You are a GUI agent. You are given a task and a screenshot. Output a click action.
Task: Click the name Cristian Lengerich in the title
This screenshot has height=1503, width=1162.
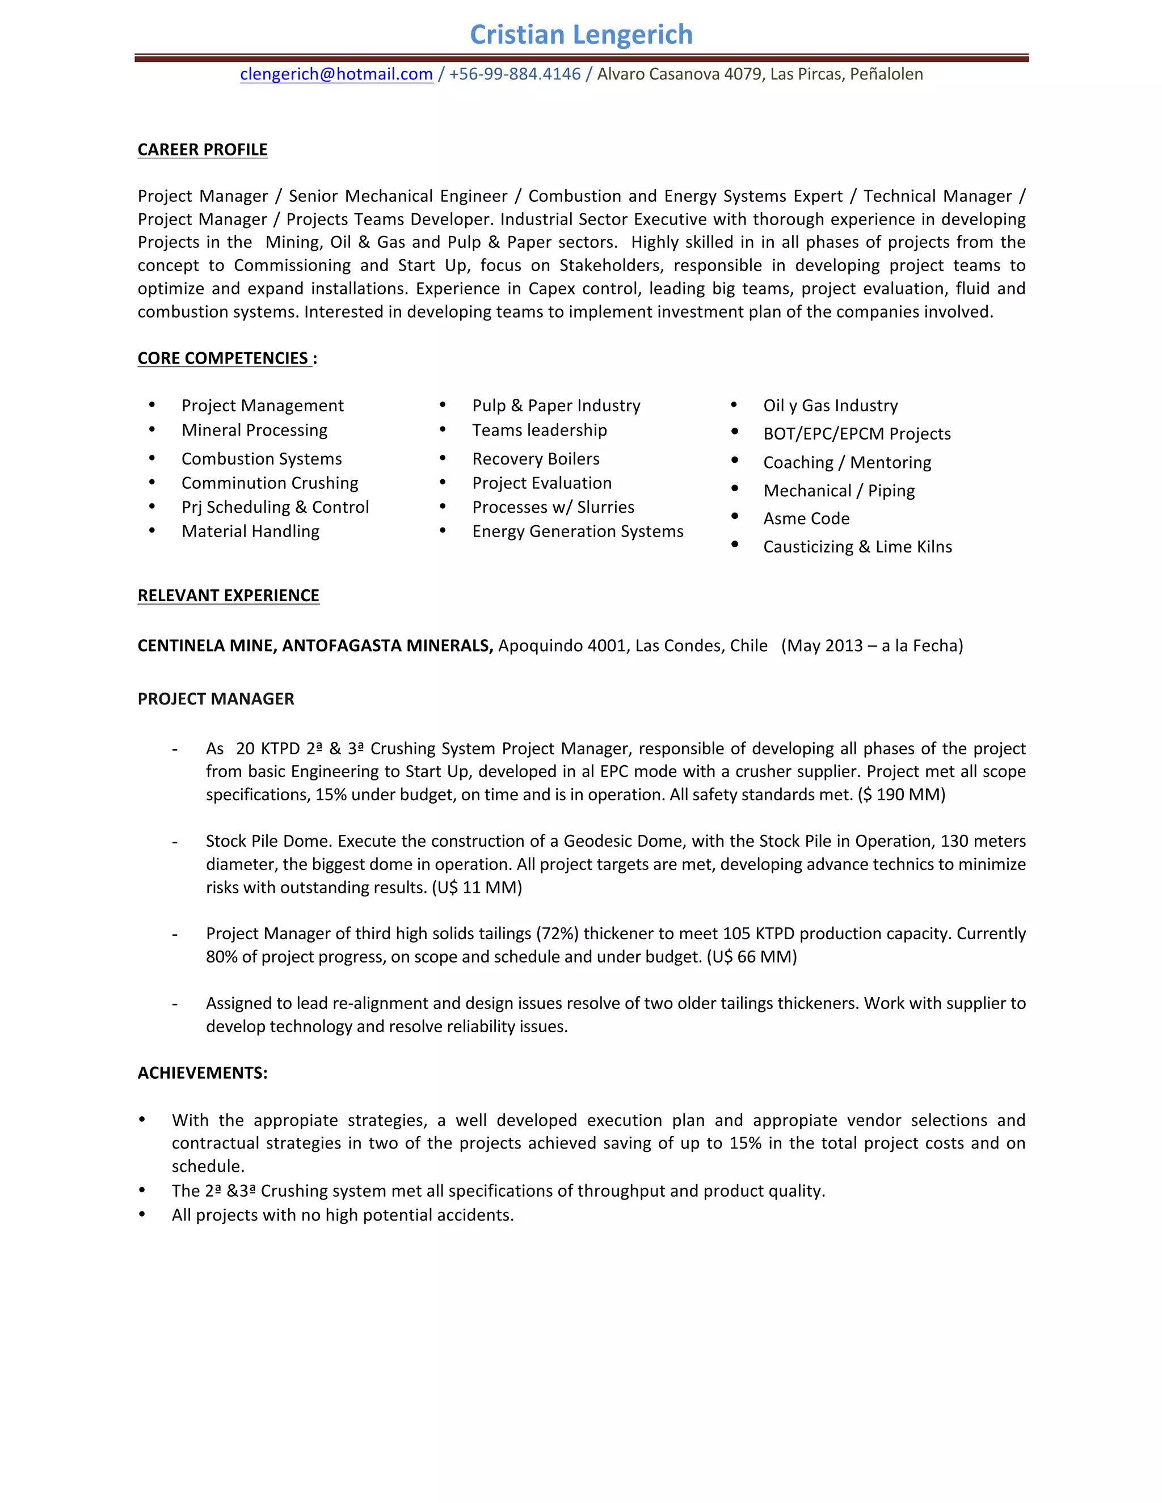click(581, 35)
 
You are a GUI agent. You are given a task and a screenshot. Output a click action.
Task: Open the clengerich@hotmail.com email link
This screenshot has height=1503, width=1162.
click(336, 74)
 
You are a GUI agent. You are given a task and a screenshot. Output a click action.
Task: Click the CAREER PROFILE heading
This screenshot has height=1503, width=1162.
click(203, 150)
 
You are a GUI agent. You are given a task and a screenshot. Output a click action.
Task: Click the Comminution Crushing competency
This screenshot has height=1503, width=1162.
click(269, 483)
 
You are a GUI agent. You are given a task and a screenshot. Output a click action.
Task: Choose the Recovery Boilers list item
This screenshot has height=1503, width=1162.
click(536, 459)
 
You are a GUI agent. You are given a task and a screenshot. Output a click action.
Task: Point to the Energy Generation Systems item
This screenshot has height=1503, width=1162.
click(578, 531)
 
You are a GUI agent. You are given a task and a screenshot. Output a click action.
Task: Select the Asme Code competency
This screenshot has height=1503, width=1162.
click(806, 519)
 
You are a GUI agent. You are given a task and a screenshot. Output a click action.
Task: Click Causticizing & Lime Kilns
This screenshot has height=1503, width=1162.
click(857, 547)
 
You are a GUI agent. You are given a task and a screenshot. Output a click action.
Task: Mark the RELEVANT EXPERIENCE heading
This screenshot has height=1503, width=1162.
click(228, 596)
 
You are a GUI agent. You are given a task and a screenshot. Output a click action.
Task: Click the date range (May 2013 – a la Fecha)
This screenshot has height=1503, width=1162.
click(871, 646)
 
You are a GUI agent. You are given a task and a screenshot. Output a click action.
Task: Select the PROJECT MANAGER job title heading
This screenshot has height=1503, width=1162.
click(216, 699)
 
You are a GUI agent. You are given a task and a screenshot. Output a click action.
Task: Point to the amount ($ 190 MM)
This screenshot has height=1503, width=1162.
click(902, 795)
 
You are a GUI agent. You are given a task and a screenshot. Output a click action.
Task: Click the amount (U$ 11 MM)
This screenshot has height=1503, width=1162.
click(477, 888)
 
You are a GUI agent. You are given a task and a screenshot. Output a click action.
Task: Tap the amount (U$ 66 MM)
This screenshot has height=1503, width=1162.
click(752, 957)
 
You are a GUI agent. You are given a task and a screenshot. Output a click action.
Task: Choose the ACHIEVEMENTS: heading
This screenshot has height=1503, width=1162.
click(203, 1074)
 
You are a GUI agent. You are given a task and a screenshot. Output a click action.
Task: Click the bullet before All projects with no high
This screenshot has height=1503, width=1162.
click(142, 1215)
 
